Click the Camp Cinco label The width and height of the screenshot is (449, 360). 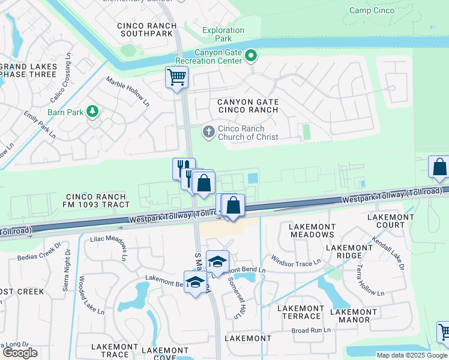pyautogui.click(x=375, y=10)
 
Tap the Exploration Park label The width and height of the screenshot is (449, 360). pyautogui.click(x=223, y=34)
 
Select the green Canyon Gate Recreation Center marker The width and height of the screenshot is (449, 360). pyautogui.click(x=251, y=56)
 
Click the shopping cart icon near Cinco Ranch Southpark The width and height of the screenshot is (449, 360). pyautogui.click(x=176, y=77)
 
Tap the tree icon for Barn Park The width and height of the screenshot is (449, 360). pyautogui.click(x=92, y=111)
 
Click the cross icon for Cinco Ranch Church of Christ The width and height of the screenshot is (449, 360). pyautogui.click(x=208, y=131)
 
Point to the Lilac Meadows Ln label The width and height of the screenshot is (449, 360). pyautogui.click(x=109, y=248)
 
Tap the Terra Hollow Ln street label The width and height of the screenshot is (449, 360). pyautogui.click(x=370, y=280)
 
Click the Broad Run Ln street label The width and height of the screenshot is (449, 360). pyautogui.click(x=311, y=330)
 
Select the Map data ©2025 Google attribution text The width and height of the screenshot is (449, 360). pyautogui.click(x=411, y=355)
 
